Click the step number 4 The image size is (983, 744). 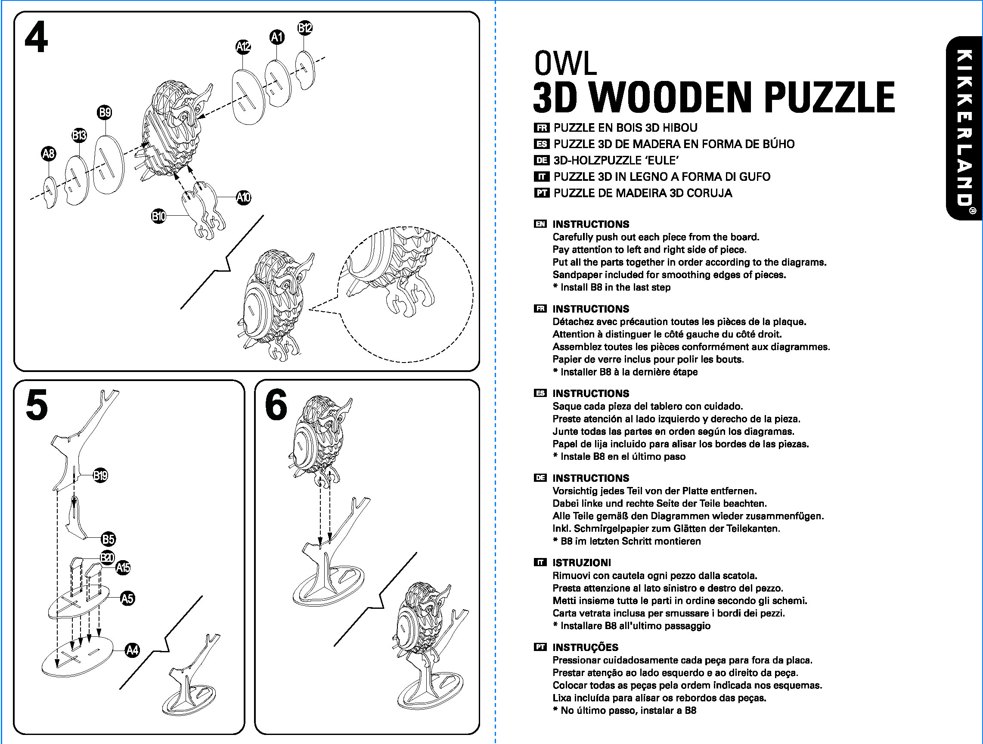pyautogui.click(x=36, y=38)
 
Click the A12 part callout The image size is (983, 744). pyautogui.click(x=243, y=46)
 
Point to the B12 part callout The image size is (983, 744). pyautogui.click(x=305, y=28)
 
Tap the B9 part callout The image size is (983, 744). pyautogui.click(x=105, y=112)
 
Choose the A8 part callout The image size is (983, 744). pyautogui.click(x=48, y=154)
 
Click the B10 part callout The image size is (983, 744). pyautogui.click(x=158, y=216)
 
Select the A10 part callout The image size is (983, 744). pyautogui.click(x=244, y=197)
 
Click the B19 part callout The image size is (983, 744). pyautogui.click(x=100, y=476)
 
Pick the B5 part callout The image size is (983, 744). pyautogui.click(x=109, y=539)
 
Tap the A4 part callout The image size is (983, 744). pyautogui.click(x=133, y=650)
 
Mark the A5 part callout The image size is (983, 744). pyautogui.click(x=127, y=598)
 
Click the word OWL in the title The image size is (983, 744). pyautogui.click(x=565, y=64)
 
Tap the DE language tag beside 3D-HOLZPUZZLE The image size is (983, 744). pyautogui.click(x=541, y=160)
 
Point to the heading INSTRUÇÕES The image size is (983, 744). pyautogui.click(x=585, y=647)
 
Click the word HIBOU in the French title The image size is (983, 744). pyautogui.click(x=680, y=128)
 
